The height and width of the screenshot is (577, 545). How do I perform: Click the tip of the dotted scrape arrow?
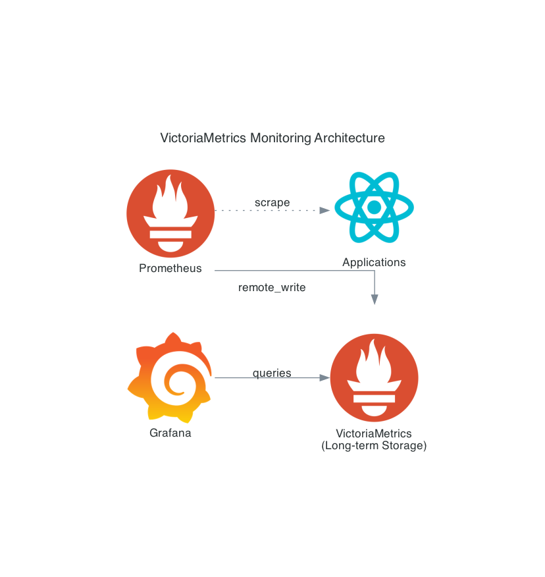coord(330,211)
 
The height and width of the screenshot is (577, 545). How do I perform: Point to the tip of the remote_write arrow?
coord(375,305)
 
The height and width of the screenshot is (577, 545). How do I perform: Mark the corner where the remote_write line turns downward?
coord(375,271)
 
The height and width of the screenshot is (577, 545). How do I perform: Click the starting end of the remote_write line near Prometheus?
coord(215,271)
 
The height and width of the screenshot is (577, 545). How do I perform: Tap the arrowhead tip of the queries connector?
coord(330,377)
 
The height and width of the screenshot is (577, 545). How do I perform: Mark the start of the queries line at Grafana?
coord(215,377)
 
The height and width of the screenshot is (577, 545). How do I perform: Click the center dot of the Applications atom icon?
coord(374,207)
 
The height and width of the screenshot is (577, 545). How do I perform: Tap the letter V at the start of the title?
coord(165,138)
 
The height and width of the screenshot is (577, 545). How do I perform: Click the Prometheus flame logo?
coord(170,213)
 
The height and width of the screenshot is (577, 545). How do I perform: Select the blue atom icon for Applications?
coord(374,207)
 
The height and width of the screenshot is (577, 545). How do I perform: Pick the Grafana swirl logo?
coord(170,377)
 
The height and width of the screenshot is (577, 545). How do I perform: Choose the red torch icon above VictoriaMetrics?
coord(374,377)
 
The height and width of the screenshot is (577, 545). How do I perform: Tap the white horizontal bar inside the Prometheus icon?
coord(170,234)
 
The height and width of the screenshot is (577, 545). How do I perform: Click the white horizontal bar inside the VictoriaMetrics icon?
coord(374,398)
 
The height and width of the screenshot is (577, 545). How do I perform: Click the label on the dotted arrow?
coord(272,203)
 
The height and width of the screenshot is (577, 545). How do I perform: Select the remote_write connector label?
coord(272,287)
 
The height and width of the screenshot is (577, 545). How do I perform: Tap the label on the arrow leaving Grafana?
coord(272,373)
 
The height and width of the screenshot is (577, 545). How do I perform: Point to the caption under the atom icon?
coord(374,262)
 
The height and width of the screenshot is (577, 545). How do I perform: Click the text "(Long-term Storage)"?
coord(374,446)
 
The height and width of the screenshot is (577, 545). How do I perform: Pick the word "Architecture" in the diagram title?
coord(350,138)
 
